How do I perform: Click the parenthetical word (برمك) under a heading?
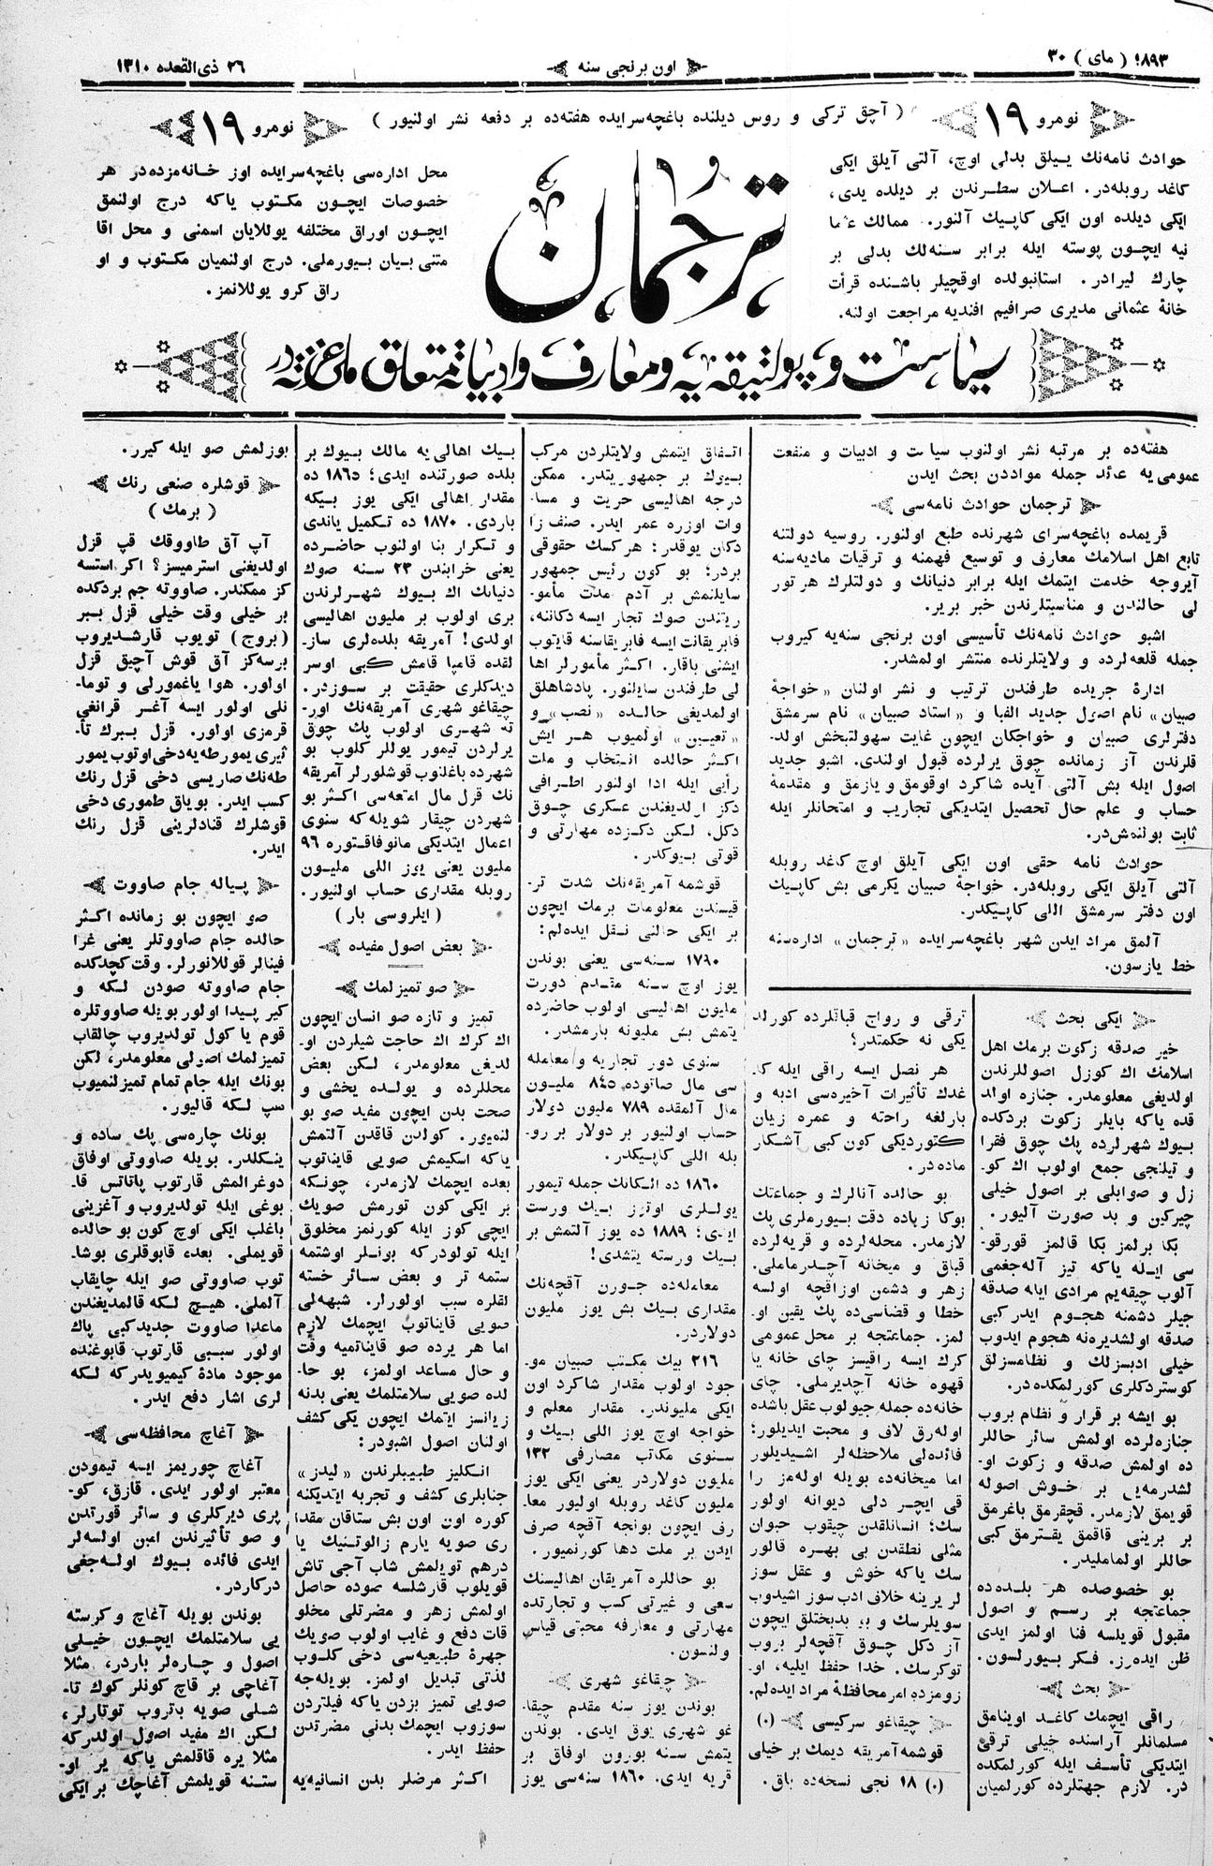pyautogui.click(x=184, y=512)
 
